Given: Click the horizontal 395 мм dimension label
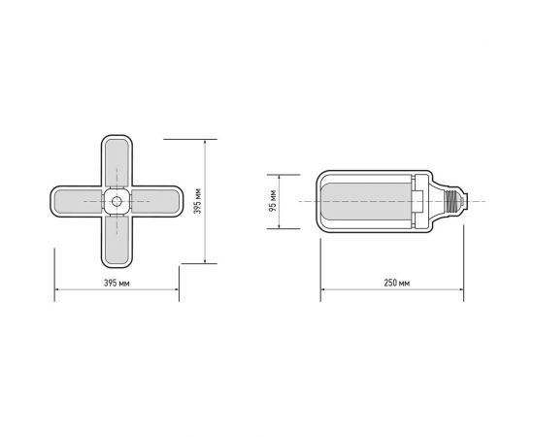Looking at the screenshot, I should pos(117,283).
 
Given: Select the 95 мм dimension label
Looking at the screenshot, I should pos(273,202).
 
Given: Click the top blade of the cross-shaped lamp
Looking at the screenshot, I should pos(117,160).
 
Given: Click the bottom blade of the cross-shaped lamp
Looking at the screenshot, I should pos(117,243).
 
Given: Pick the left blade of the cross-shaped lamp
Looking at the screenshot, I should pos(75,202).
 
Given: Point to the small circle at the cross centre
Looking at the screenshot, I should pos(117,202).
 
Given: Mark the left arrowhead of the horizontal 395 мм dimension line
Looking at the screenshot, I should pos(55,289).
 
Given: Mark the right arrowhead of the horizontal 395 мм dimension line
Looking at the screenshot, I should pos(178,289).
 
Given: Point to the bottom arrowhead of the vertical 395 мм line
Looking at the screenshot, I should pos(206,262).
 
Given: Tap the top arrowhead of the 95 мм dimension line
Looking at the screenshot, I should pos(281,176).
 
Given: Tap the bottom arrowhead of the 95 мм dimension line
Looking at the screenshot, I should pos(281,228).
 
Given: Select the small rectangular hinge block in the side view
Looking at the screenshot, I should pos(418,202).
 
